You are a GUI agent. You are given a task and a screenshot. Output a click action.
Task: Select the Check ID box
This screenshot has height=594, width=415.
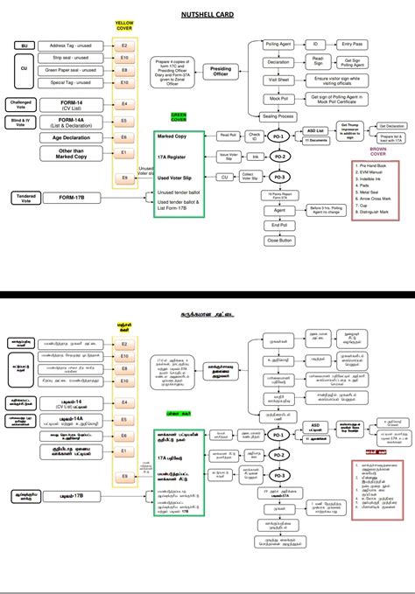255,136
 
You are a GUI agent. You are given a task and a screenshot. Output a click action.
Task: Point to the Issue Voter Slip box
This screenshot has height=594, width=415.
227,156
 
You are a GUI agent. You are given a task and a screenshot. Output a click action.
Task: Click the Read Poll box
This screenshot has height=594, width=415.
229,135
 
